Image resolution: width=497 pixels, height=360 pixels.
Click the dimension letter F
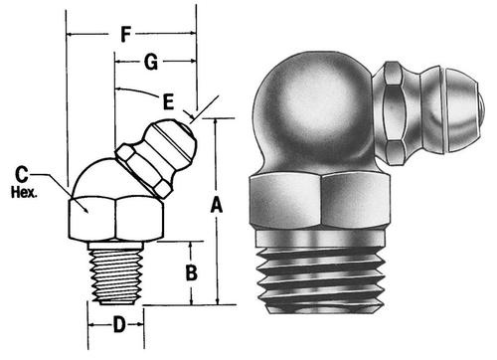point(125,35)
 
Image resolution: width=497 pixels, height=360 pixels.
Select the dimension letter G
point(151,62)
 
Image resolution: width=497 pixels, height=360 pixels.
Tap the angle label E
point(168,101)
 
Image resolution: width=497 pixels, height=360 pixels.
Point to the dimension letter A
point(217,205)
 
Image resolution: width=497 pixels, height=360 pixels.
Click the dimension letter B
point(192,273)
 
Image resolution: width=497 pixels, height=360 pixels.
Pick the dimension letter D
point(119,324)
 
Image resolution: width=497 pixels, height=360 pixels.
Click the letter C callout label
point(22,174)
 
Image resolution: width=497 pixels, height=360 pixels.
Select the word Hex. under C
point(24,193)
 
